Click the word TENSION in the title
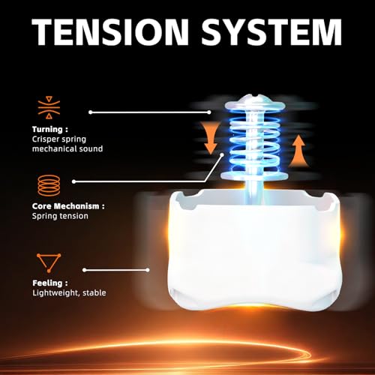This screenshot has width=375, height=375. [x=110, y=31]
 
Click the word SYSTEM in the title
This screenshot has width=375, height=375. [x=271, y=31]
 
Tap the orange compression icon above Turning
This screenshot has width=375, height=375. [x=49, y=108]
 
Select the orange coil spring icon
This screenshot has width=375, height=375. [x=49, y=185]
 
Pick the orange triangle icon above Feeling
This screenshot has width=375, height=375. [x=49, y=262]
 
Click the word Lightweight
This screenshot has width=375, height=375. [x=55, y=293]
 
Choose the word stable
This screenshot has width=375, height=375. [x=94, y=292]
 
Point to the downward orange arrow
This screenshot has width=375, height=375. [x=211, y=139]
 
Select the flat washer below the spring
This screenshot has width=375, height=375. [x=254, y=175]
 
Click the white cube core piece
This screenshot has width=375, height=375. [x=254, y=250]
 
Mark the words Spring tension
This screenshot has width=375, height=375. [x=60, y=216]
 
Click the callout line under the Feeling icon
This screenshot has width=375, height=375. [x=116, y=270]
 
